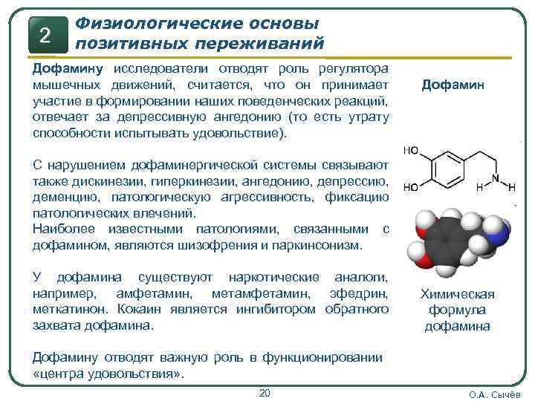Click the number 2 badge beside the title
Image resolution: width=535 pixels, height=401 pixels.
pyautogui.click(x=45, y=35)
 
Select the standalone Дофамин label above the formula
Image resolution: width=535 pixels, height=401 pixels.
pyautogui.click(x=453, y=85)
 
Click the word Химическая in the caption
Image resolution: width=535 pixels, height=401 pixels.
pyautogui.click(x=457, y=295)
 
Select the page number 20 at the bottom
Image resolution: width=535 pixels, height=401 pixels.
pyautogui.click(x=265, y=392)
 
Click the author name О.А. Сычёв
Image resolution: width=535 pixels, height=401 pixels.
pyautogui.click(x=496, y=394)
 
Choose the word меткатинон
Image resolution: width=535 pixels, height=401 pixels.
pyautogui.click(x=68, y=309)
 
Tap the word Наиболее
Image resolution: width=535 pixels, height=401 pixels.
pyautogui.click(x=59, y=229)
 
